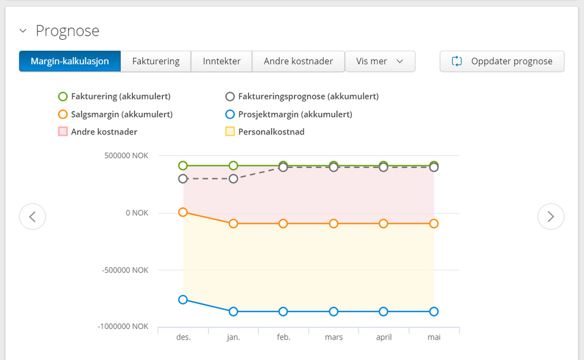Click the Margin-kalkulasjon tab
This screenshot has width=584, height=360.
70,61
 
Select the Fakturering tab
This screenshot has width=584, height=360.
155,61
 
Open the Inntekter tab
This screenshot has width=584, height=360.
222,61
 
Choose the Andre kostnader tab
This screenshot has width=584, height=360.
298,61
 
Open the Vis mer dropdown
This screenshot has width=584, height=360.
380,61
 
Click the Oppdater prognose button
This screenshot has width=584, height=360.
502,61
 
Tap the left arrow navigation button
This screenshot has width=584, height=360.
32,216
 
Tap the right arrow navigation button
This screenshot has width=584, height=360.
551,216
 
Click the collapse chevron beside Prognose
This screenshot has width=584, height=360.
23,31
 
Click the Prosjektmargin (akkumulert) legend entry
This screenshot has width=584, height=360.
289,115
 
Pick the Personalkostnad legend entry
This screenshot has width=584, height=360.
265,132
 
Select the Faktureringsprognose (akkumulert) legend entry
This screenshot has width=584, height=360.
302,96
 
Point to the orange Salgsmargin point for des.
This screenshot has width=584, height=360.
183,212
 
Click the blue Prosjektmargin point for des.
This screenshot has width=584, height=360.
183,300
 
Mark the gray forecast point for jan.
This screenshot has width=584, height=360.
233,179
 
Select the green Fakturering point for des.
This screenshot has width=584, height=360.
183,165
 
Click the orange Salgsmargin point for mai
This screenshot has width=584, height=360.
434,224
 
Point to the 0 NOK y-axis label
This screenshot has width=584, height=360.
137,213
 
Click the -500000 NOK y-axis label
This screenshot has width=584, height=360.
125,270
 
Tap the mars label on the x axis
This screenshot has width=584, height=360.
334,337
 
